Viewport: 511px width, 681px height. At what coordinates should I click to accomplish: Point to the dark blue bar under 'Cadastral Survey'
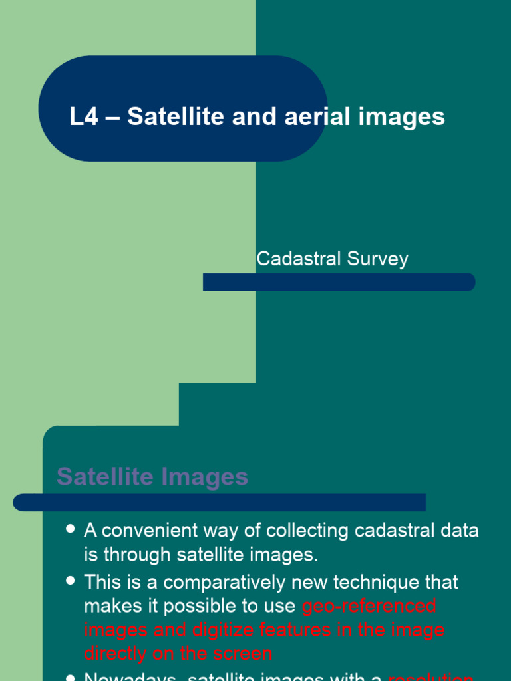point(339,282)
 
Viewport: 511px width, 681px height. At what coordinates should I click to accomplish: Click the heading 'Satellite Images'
point(152,476)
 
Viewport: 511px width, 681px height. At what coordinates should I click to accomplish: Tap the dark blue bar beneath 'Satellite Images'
point(220,503)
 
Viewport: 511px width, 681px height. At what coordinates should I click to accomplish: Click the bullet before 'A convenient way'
point(71,529)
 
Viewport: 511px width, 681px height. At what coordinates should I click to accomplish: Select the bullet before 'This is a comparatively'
point(71,581)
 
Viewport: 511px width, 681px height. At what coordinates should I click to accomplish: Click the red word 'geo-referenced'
point(369,606)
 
